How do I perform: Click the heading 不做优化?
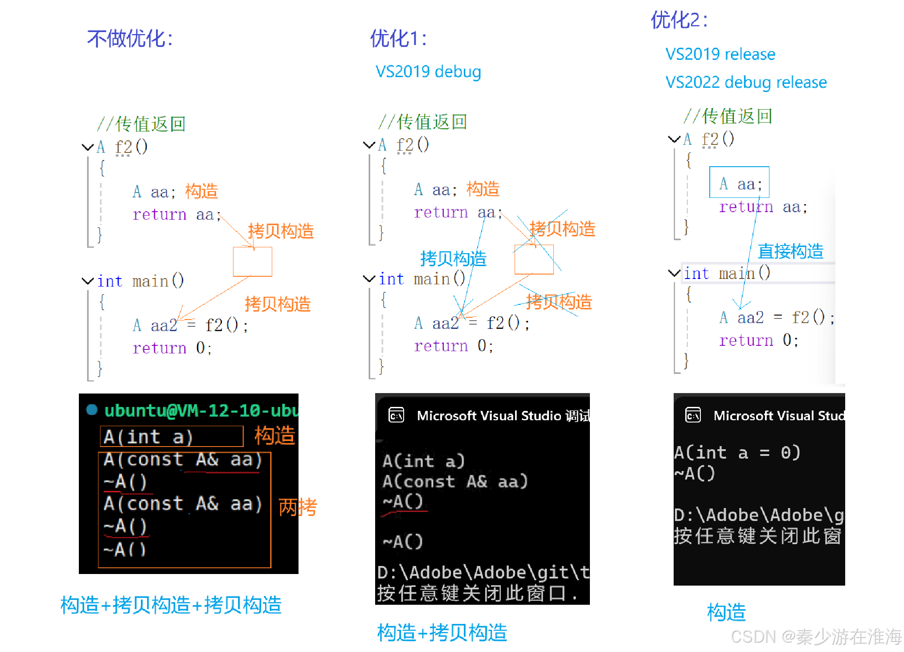click(130, 39)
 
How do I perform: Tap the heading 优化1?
click(398, 39)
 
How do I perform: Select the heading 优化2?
click(679, 20)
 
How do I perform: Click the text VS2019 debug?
click(428, 72)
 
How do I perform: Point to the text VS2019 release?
click(720, 54)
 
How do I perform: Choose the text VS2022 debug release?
click(746, 82)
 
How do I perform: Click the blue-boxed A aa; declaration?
click(740, 183)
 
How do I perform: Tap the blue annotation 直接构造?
click(790, 251)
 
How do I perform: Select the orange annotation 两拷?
click(298, 507)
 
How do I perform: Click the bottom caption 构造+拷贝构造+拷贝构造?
click(171, 605)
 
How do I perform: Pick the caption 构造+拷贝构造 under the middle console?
click(442, 632)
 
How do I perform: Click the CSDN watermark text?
click(816, 637)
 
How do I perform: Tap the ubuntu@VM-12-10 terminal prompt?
click(200, 410)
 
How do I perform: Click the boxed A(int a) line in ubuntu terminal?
click(172, 437)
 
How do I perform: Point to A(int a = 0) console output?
click(737, 453)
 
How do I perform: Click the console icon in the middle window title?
click(396, 415)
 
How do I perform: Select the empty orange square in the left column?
click(253, 262)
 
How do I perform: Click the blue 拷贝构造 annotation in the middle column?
click(453, 258)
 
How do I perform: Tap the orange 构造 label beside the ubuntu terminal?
click(274, 435)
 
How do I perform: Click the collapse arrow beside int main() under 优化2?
click(674, 273)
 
